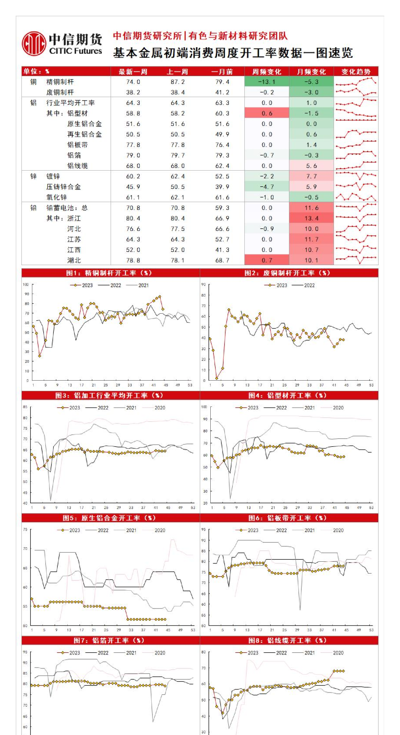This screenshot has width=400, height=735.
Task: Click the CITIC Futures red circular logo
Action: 34,44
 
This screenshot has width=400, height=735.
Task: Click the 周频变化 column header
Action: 267,72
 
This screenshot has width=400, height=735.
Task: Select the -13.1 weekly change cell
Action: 267,82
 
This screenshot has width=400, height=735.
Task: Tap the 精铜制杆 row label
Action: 60,82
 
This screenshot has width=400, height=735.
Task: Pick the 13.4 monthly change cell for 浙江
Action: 311,218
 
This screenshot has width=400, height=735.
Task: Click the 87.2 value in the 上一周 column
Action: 177,82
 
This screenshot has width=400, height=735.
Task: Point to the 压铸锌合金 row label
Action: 63,187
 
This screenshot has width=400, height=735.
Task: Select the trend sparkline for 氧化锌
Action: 356,197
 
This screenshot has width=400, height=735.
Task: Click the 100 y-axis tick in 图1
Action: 26,285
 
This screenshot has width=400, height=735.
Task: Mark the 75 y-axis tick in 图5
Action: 25,529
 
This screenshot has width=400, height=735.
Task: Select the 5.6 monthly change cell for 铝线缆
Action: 311,166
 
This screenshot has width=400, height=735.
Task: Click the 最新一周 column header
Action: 133,72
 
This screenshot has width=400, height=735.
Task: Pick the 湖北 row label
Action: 74,260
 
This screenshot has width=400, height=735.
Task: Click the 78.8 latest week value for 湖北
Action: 133,260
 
